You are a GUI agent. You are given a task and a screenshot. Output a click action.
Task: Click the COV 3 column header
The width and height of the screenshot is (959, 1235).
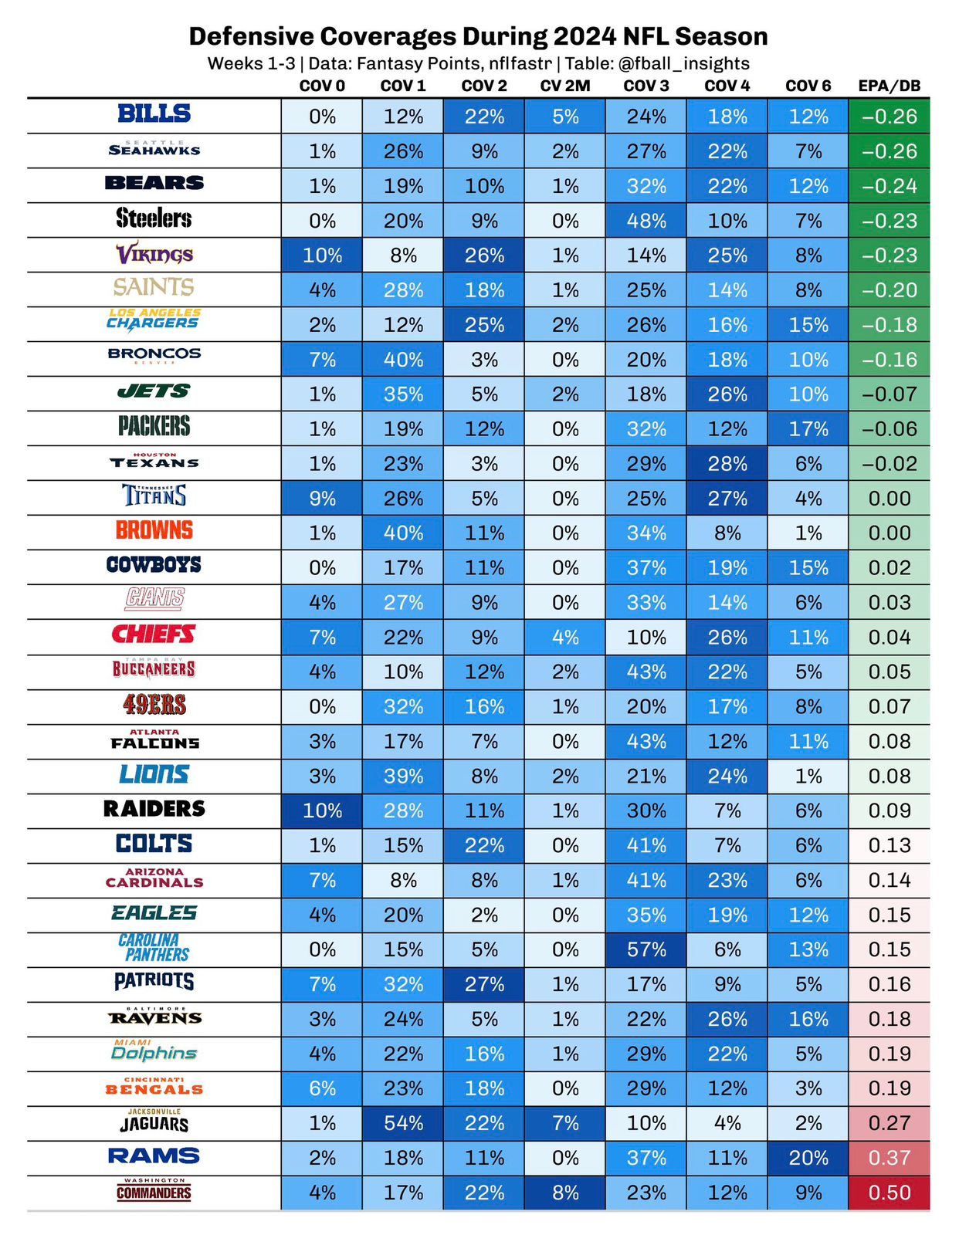pos(646,86)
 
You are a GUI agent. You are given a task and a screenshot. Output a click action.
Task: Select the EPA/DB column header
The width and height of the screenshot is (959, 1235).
pos(890,86)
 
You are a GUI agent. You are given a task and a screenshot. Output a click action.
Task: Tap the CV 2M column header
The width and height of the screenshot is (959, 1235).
pos(565,86)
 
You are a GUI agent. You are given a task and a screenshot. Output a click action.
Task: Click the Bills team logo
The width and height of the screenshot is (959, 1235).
pos(154,114)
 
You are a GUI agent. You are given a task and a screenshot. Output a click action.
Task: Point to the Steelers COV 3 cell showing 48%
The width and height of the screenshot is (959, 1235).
pos(646,221)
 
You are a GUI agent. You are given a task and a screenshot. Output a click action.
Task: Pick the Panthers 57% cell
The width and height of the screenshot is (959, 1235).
pos(646,949)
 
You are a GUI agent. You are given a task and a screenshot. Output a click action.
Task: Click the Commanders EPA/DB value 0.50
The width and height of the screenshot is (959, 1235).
pos(890,1193)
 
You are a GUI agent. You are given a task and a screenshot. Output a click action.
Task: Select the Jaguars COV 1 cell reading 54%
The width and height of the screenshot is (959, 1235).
pos(403,1123)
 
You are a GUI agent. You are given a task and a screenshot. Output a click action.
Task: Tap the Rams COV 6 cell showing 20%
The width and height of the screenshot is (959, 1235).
pos(808,1158)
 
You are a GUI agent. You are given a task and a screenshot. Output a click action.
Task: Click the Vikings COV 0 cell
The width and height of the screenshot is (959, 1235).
pos(322,255)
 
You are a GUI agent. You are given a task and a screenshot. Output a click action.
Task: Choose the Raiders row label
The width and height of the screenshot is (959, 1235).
pos(154,809)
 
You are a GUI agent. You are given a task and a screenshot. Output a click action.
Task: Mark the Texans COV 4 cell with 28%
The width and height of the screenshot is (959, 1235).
pos(727,464)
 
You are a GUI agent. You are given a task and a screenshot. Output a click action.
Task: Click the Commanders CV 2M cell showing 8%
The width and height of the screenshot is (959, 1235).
pos(565,1193)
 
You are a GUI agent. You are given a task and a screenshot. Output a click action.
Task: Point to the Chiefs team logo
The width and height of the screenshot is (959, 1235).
pos(154,634)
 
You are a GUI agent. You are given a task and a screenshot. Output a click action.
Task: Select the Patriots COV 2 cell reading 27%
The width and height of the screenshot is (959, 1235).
pos(484,984)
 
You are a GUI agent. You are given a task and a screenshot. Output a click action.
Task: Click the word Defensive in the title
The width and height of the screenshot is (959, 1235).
pos(251,36)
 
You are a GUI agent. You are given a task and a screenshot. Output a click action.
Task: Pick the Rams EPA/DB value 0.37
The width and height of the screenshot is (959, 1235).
pos(890,1158)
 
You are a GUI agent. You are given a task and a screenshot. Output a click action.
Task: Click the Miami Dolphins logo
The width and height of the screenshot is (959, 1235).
pos(154,1051)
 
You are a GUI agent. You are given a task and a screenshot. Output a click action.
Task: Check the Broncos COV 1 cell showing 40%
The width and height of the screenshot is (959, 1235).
pos(403,360)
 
